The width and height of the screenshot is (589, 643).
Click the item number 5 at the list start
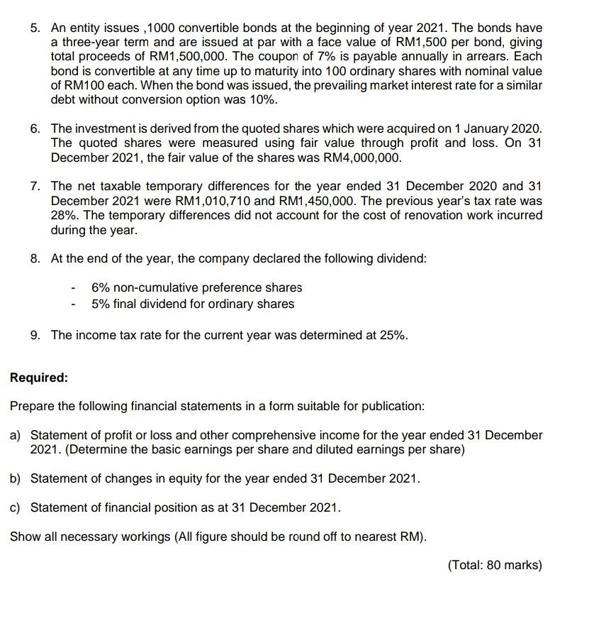pos(34,28)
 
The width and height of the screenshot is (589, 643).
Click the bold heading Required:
pos(39,378)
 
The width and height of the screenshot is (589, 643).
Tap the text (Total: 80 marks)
pos(494,566)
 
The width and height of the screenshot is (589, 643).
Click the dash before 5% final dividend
pos(73,304)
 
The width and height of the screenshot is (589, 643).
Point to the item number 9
pos(35,335)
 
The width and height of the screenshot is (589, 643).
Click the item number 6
pos(35,128)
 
